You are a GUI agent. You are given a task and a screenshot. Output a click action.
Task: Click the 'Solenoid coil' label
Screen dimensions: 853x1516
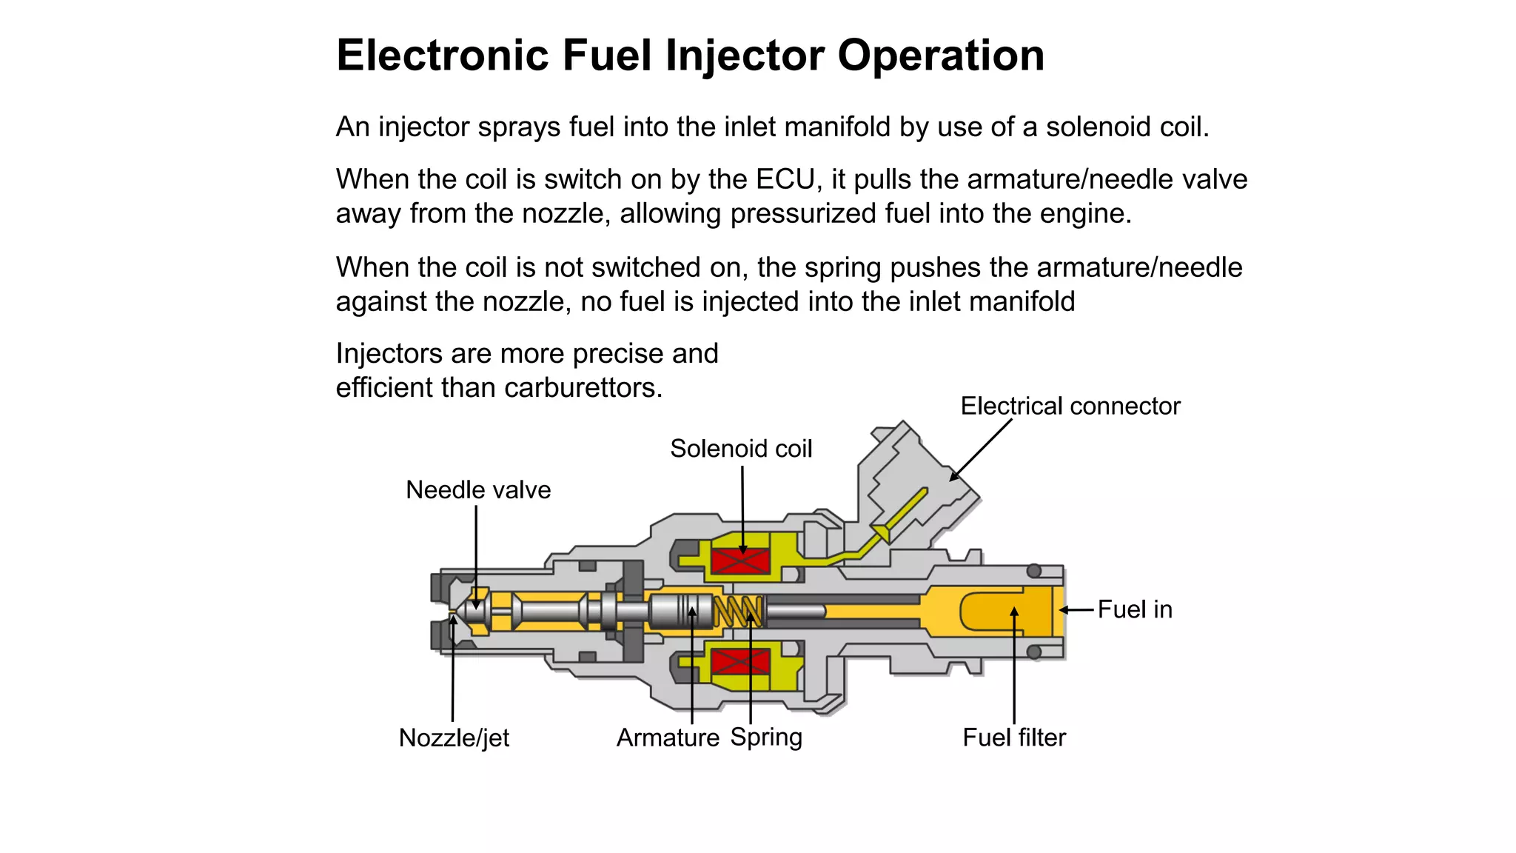(x=741, y=449)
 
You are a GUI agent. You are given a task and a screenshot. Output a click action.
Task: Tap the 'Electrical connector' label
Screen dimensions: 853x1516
(x=1070, y=406)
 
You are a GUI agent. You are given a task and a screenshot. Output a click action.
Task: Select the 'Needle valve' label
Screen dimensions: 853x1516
(x=478, y=490)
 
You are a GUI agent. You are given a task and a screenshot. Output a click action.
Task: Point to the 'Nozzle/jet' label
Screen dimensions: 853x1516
(x=454, y=737)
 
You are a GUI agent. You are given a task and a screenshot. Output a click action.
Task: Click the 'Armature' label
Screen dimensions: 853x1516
(x=668, y=737)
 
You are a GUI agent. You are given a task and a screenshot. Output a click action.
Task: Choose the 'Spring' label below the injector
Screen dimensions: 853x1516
(x=766, y=737)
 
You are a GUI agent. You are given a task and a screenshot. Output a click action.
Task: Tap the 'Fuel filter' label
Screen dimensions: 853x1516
(x=1014, y=737)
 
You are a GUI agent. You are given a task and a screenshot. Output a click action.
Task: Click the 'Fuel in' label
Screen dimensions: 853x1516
(x=1135, y=609)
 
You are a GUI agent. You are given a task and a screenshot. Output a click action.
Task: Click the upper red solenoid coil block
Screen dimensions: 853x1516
(x=740, y=561)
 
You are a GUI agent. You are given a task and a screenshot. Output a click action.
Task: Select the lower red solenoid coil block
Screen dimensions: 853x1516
(x=740, y=661)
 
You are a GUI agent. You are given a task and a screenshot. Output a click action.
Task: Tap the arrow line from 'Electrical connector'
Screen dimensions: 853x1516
(x=982, y=449)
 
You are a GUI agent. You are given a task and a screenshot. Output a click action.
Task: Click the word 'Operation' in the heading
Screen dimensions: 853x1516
(x=941, y=56)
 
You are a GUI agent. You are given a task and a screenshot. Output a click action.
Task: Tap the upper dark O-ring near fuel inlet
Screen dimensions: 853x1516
(x=1034, y=571)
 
